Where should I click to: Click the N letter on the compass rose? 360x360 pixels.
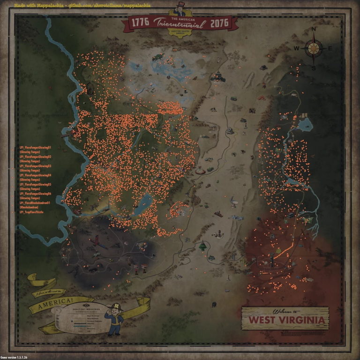pos(314,30)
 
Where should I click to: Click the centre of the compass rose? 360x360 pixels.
pos(313,48)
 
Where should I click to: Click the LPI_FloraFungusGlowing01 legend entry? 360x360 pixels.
pos(35,147)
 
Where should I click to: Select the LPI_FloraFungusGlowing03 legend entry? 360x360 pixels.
pos(35,166)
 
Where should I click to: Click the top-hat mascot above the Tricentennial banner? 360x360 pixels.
pos(180,9)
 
